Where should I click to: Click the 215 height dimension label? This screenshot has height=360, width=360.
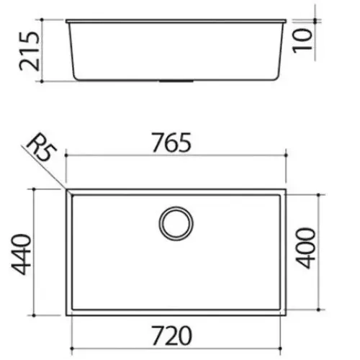(29, 51)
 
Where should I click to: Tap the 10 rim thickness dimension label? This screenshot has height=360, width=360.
(302, 40)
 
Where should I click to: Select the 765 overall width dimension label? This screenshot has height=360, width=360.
(172, 143)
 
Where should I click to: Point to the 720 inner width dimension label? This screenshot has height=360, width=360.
(172, 336)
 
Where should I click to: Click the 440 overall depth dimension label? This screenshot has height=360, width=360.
(21, 254)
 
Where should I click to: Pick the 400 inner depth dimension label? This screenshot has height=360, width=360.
(305, 248)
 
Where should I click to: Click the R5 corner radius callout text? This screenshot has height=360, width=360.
(41, 149)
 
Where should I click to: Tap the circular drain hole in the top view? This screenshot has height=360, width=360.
(176, 223)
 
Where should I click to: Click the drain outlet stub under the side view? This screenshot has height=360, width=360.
(176, 81)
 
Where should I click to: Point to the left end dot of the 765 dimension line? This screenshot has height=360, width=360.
(66, 156)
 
